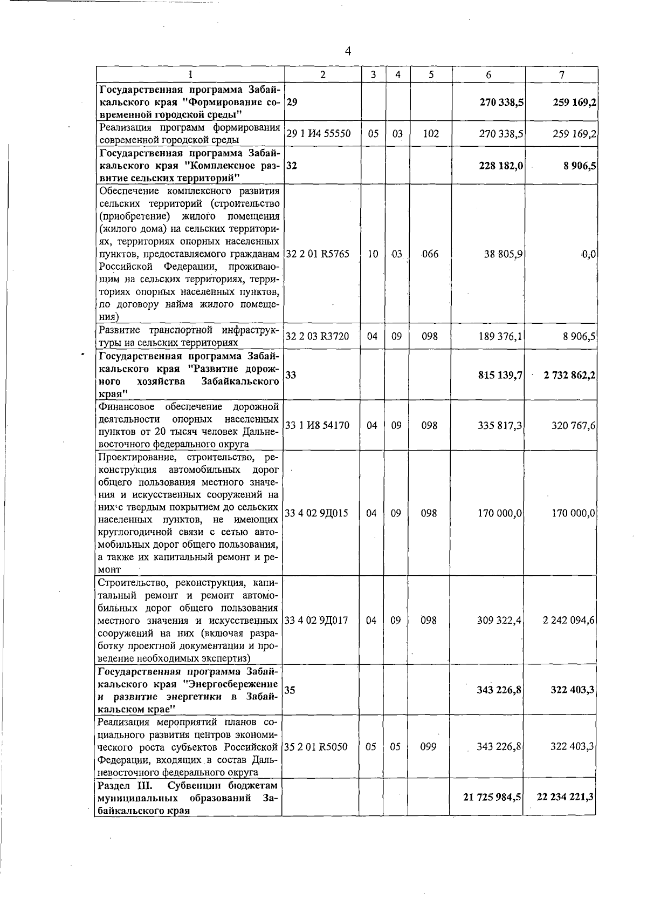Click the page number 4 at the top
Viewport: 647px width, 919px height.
coord(348,51)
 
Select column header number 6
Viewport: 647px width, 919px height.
coord(488,75)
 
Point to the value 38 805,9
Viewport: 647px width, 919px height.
coord(501,254)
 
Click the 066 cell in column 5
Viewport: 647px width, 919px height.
coord(430,254)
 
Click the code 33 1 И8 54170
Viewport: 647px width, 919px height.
coord(317,425)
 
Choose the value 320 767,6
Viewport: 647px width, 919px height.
coord(573,425)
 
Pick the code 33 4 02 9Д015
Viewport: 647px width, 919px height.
coord(316,513)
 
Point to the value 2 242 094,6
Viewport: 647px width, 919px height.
coord(569,620)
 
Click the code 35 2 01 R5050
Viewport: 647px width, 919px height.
coord(316,747)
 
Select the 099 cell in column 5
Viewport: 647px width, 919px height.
coord(428,747)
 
